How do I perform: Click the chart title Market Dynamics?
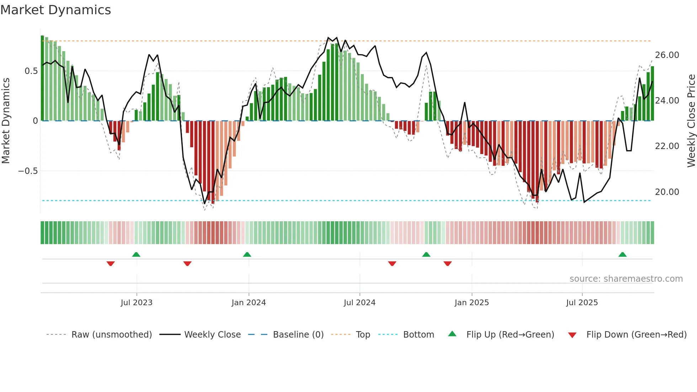[55, 10]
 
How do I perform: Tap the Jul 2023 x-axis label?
[137, 303]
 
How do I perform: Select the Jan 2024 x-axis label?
[249, 303]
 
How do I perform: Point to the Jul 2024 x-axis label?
[360, 303]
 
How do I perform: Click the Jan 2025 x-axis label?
[472, 303]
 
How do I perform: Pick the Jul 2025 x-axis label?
[582, 303]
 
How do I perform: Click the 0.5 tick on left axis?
[31, 71]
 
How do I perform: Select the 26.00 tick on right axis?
[667, 55]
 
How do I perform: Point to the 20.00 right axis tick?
[667, 192]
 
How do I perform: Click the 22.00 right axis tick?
[667, 146]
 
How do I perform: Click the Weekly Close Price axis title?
[691, 121]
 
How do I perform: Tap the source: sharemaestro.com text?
[626, 279]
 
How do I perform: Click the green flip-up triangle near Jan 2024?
[247, 254]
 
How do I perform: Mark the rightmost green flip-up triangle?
[622, 254]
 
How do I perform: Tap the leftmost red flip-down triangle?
[111, 264]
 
